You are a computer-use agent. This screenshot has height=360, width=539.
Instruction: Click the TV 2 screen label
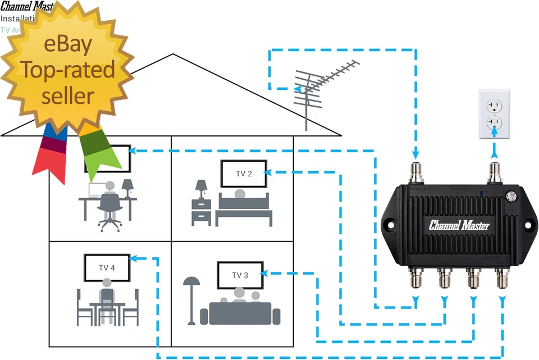tap(243, 174)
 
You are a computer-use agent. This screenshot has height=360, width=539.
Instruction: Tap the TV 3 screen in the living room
tap(240, 275)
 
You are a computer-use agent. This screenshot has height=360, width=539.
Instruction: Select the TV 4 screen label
tap(107, 268)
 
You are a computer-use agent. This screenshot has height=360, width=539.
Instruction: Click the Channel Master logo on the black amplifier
tap(459, 226)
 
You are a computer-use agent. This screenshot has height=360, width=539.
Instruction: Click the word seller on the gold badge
tap(67, 95)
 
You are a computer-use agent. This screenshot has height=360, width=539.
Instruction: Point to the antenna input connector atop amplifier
tap(417, 170)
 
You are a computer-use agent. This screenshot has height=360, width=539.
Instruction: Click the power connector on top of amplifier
tap(495, 170)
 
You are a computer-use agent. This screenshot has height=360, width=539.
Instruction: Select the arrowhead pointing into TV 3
tap(264, 274)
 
